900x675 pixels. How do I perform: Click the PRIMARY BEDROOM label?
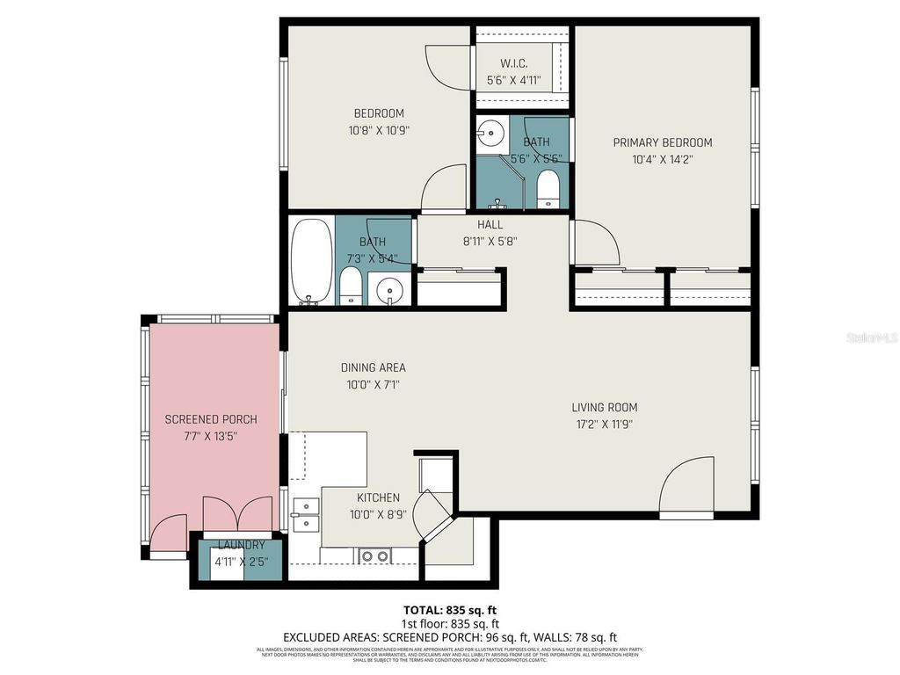662,142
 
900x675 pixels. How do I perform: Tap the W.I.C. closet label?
513,64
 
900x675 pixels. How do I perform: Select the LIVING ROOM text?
604,407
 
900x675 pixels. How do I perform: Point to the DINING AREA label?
373,367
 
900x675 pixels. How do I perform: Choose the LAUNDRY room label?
241,545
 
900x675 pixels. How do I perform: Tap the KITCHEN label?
378,497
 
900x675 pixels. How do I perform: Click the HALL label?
490,224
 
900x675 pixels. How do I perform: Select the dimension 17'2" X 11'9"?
604,424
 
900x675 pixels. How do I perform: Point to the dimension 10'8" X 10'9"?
378,129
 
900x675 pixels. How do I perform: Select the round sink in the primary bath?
490,134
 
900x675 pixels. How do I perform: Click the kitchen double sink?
306,514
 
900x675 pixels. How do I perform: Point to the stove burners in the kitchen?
374,555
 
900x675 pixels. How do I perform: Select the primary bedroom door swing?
596,242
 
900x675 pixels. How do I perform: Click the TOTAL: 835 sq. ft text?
450,610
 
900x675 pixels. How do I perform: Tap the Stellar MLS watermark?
870,337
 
